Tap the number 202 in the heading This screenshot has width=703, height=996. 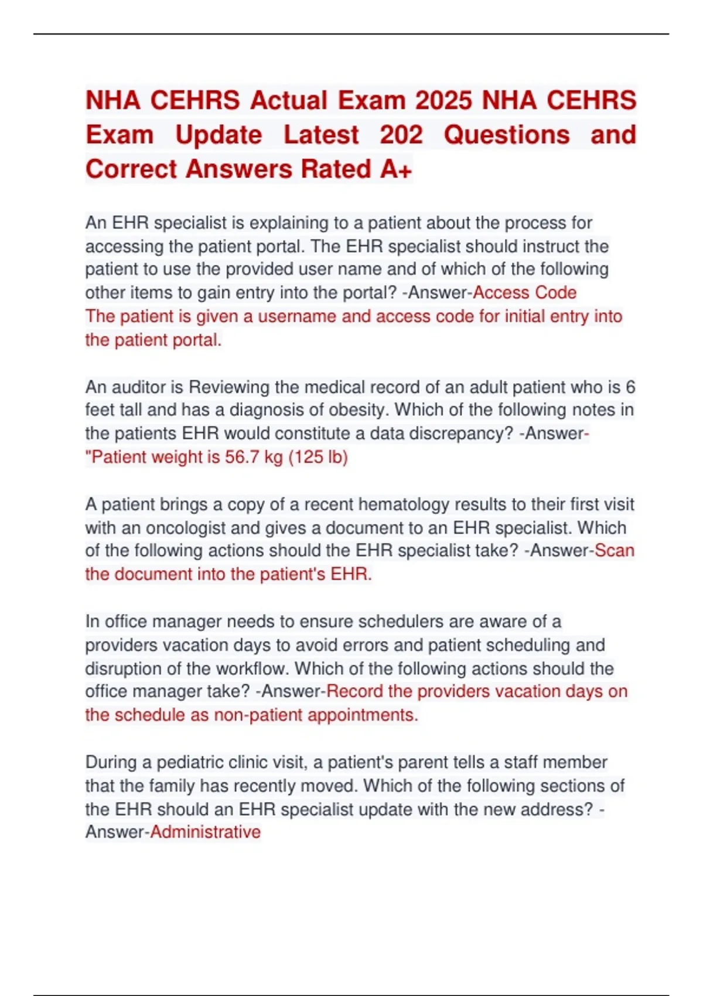(x=401, y=135)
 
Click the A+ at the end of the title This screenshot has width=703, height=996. (x=397, y=169)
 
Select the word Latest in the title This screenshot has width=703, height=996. (x=321, y=135)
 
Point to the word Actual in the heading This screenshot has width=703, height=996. (x=289, y=100)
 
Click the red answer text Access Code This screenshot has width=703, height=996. (x=524, y=292)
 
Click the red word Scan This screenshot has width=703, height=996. (x=615, y=551)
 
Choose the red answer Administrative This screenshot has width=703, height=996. (x=206, y=832)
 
